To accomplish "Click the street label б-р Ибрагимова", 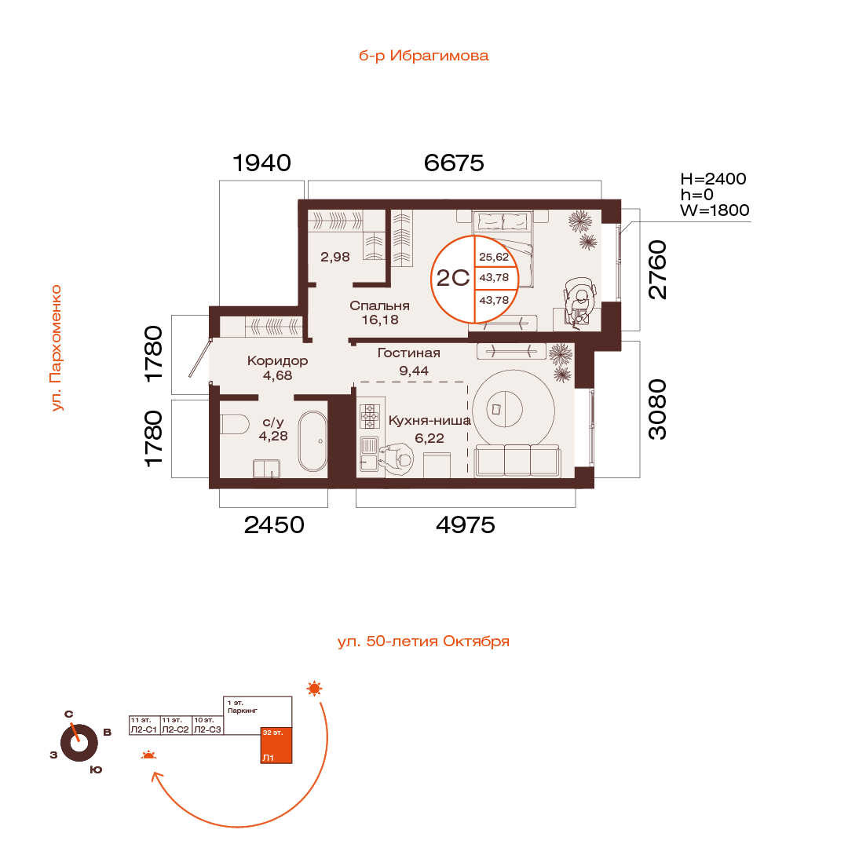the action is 423,56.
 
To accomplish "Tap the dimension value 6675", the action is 454,163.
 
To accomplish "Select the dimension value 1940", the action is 261,163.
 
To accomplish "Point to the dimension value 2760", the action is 658,270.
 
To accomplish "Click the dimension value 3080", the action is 658,409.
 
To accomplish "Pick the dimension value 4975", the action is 466,525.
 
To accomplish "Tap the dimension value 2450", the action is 274,525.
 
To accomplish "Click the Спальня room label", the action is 380,305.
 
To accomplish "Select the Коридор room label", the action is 277,360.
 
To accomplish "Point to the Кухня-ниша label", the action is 429,421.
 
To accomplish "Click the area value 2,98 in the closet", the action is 334,257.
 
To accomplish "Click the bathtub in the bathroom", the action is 313,441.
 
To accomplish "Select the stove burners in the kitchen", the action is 370,416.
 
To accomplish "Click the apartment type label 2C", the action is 453,278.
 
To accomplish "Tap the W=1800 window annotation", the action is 715,210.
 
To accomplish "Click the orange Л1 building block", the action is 276,745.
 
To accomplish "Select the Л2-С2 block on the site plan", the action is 176,726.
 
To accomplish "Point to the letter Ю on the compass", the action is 96,769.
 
